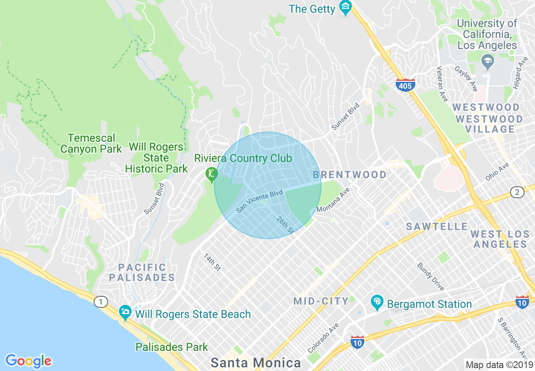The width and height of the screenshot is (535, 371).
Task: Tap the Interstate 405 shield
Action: (x=405, y=85)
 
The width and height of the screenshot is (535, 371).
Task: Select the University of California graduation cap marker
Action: (x=487, y=62)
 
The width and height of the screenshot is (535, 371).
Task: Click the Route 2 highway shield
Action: (x=517, y=192)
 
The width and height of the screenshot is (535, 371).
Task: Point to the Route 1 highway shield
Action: (x=100, y=302)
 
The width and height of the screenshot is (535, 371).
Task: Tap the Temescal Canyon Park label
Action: (x=91, y=143)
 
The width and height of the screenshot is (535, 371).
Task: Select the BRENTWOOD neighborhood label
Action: (x=350, y=175)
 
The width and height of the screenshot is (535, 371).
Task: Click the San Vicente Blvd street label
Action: (x=259, y=201)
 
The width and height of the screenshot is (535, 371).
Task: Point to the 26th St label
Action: (x=285, y=225)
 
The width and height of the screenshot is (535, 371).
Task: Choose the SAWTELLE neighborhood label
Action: (x=437, y=227)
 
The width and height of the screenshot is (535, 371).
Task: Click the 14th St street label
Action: (x=212, y=262)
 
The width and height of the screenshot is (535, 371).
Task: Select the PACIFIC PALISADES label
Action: (x=142, y=272)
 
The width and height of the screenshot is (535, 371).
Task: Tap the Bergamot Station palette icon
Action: (x=376, y=302)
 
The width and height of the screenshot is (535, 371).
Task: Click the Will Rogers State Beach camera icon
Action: (x=125, y=313)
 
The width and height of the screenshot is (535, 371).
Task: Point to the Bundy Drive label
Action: (x=431, y=277)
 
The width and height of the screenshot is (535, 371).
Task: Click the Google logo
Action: (x=29, y=361)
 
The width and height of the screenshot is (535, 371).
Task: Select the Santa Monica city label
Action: (x=256, y=363)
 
